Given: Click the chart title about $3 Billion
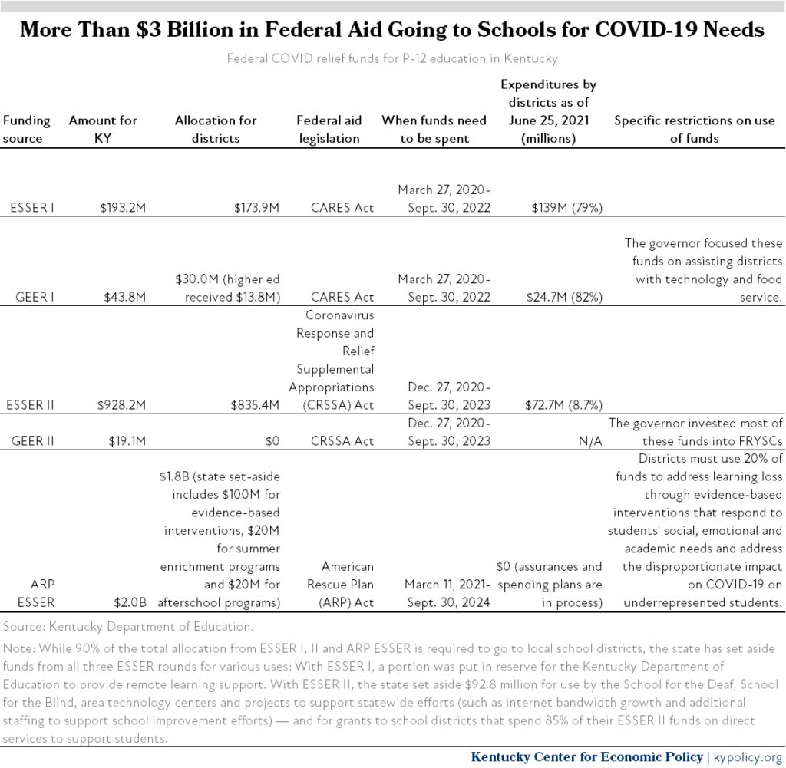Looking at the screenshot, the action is pos(392,30).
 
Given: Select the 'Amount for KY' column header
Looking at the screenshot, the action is pos(103,129).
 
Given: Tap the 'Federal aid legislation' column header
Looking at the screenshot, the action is pos(329,129).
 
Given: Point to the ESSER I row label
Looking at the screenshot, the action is pos(32,207).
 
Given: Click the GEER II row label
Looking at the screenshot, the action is pos(32,441).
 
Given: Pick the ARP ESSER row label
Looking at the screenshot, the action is pos(35,593).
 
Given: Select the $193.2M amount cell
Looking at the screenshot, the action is pos(122,207).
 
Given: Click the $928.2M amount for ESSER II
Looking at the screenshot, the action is pos(121,405).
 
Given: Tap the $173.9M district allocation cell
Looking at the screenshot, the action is pos(256,207).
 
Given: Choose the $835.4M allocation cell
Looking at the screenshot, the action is pos(255,405).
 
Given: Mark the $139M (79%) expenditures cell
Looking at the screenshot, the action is pos(567,207).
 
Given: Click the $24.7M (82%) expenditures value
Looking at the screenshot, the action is pos(564,297).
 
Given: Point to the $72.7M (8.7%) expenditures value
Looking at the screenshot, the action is pos(563,405).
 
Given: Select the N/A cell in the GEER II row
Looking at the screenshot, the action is pos(590,441).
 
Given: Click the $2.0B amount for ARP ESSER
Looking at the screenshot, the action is pos(130,602).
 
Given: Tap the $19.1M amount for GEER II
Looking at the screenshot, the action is pos(127,441).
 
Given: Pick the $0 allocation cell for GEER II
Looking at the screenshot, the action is pos(272,441).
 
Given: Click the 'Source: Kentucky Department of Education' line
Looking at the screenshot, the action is pos(128,626).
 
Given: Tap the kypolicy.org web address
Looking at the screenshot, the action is pos(748,756).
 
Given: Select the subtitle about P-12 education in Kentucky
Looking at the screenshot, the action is pos(392,58).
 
